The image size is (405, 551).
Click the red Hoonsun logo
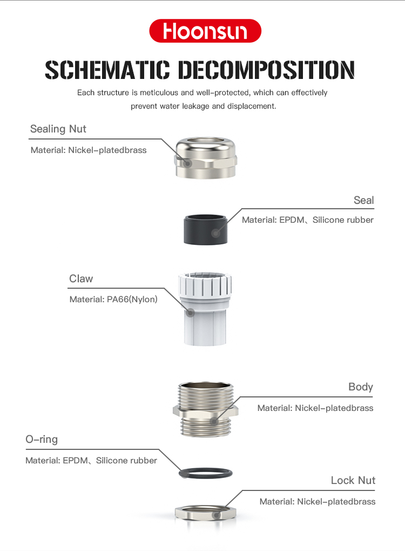[205, 31]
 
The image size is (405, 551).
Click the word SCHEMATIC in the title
[107, 70]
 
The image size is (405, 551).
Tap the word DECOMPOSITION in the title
[266, 70]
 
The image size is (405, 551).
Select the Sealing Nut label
[58, 129]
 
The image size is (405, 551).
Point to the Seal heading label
[363, 200]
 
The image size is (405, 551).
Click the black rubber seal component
[206, 229]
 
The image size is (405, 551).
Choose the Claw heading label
[81, 278]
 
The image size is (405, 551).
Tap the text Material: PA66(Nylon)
[113, 300]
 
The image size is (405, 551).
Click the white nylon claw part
[205, 308]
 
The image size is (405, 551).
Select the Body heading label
[360, 387]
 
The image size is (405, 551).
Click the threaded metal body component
[206, 409]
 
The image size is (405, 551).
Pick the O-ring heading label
[42, 439]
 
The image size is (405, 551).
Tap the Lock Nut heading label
[353, 480]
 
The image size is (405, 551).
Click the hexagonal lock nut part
[206, 513]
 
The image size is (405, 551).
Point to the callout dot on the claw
[190, 313]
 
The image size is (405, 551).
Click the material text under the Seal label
[308, 220]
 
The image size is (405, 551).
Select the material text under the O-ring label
[91, 461]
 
